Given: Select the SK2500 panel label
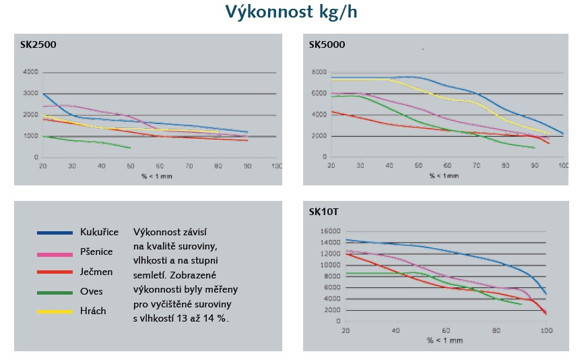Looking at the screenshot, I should (x=38, y=45).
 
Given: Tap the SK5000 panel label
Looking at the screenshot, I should (x=327, y=45).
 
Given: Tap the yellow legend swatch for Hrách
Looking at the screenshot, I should (x=55, y=311).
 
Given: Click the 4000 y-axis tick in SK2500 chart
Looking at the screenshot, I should (x=30, y=72).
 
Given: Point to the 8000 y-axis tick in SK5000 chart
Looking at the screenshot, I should (x=319, y=72).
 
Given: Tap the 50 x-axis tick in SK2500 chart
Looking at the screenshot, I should (x=130, y=165).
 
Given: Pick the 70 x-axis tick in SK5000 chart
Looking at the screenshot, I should (x=476, y=165).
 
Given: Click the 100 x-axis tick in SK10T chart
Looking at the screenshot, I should (x=545, y=330).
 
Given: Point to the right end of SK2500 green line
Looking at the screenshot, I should (x=130, y=148).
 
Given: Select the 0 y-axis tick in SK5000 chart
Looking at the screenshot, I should (x=324, y=158).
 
